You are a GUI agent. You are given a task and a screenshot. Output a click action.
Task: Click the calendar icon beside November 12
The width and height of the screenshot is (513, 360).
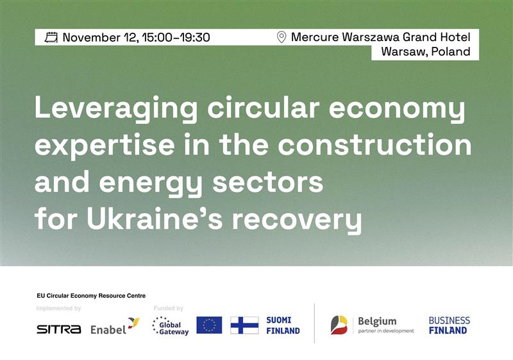(51, 38)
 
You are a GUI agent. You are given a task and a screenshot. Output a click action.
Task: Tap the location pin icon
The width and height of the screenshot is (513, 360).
(281, 38)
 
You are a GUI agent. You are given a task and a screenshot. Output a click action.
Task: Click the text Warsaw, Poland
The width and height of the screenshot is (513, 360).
(426, 52)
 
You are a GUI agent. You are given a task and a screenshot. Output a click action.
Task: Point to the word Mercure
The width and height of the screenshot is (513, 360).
(314, 38)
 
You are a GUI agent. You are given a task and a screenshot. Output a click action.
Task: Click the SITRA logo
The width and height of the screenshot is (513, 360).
(59, 329)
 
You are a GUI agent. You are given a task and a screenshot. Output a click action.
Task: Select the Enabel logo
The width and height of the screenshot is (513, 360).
(114, 328)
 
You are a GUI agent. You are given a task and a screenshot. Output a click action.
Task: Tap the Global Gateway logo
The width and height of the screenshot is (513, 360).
(171, 326)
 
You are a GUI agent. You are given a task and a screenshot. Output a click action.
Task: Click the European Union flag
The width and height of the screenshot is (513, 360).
(209, 325)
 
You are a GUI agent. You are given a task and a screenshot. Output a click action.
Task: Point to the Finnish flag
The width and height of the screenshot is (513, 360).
(244, 325)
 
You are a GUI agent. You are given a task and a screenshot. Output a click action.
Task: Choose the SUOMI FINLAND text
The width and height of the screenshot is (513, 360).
(283, 325)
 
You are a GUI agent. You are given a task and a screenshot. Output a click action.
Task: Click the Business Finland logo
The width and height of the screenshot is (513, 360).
(449, 325)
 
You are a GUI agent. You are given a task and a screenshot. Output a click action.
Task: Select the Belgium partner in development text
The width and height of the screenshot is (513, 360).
(385, 325)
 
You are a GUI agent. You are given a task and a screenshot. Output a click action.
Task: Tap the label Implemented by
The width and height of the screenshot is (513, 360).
(59, 309)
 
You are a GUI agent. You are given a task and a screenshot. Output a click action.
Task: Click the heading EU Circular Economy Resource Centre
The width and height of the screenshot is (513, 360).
(91, 296)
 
